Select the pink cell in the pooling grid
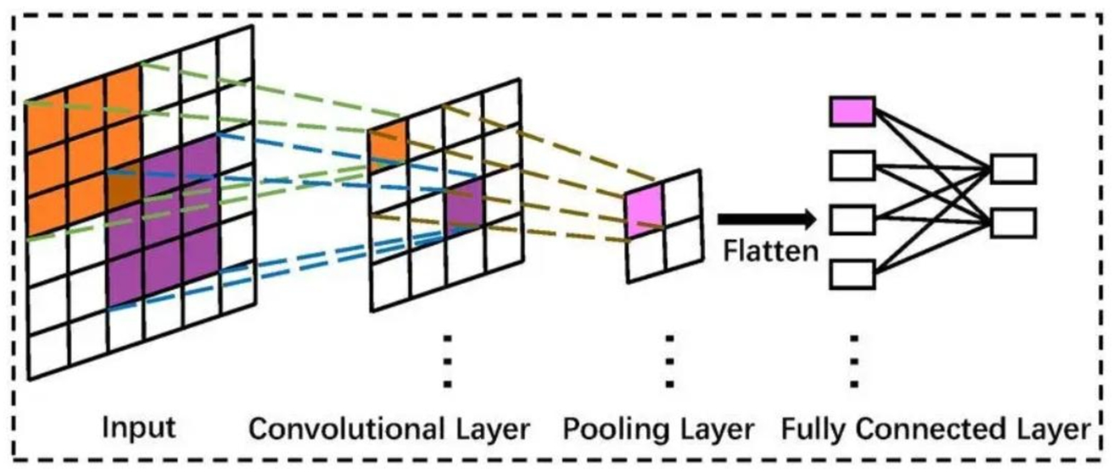point(644,210)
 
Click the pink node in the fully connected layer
point(852,111)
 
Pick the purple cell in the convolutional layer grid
point(464,204)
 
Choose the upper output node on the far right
point(1014,168)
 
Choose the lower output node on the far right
point(1014,223)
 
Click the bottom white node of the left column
point(852,274)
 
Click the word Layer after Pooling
point(714,430)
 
